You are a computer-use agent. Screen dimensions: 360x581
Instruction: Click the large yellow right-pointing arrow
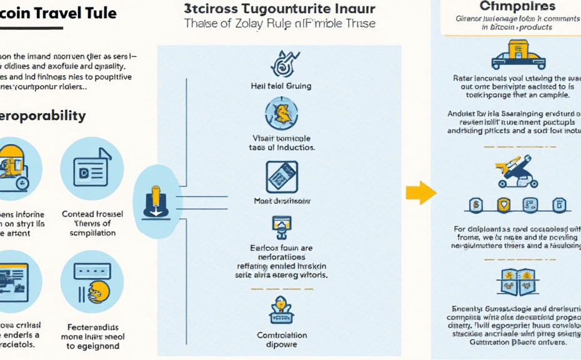tap(420, 192)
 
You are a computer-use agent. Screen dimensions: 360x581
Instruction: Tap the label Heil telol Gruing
tap(281, 86)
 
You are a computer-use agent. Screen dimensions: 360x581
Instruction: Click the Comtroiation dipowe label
tap(282, 339)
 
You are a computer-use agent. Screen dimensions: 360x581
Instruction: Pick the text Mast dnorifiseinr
tap(282, 201)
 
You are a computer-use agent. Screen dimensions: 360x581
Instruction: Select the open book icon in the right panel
tap(518, 281)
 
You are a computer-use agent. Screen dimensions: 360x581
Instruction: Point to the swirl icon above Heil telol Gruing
tap(281, 62)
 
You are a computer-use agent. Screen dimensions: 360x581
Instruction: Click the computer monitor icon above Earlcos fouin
tap(281, 225)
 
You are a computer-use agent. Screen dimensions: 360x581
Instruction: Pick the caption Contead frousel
tap(92, 214)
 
